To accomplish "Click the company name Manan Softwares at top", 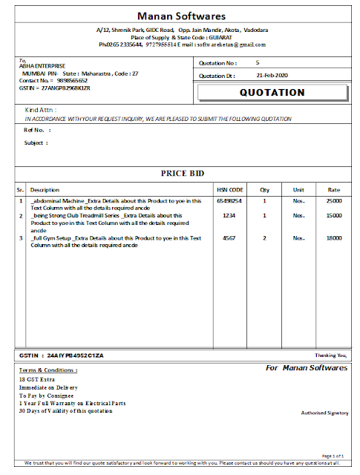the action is [x=181, y=15].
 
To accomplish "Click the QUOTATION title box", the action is [x=272, y=93].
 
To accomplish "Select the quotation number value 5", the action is [x=257, y=63].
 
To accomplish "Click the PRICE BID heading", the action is [x=182, y=173].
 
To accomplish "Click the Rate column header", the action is [x=333, y=189].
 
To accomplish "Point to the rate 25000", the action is [x=333, y=201].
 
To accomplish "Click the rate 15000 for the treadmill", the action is [x=333, y=216].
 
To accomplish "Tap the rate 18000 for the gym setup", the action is [x=333, y=238].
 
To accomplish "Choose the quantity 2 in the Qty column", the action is [x=264, y=238].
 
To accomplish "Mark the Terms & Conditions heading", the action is [x=47, y=370].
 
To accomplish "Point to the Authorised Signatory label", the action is [x=324, y=412].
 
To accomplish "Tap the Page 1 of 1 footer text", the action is [x=332, y=455].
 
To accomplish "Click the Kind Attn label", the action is [x=40, y=110].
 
